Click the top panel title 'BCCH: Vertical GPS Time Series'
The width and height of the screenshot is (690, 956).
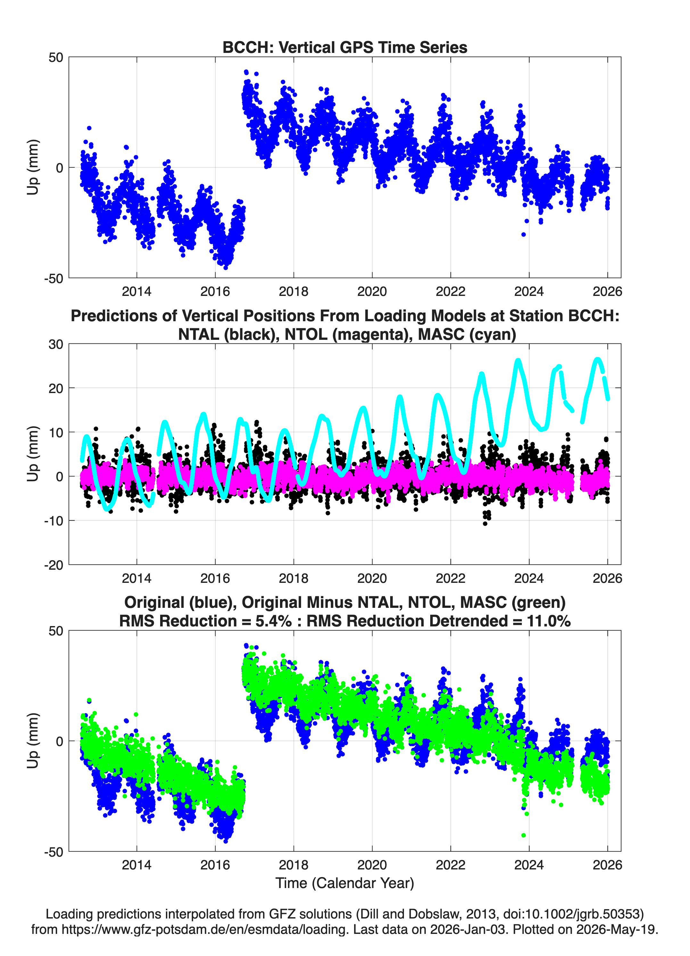click(x=345, y=47)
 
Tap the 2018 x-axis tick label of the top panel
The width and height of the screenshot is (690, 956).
click(x=294, y=291)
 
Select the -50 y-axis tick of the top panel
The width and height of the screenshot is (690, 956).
click(x=53, y=278)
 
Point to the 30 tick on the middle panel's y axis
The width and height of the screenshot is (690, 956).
click(x=56, y=344)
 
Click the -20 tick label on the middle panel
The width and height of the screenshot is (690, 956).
click(x=53, y=565)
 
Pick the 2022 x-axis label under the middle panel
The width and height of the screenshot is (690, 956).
click(x=450, y=578)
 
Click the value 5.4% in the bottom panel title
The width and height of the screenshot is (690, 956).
click(x=273, y=621)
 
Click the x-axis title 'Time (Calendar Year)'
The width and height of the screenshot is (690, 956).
click(x=345, y=882)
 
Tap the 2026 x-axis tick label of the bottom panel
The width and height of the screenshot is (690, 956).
click(x=607, y=865)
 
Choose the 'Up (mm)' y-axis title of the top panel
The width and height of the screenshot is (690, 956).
click(x=33, y=167)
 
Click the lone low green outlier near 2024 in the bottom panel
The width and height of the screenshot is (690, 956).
click(x=524, y=835)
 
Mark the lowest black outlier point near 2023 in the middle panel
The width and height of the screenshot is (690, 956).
click(x=485, y=524)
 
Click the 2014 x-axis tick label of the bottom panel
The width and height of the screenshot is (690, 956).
click(x=136, y=865)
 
